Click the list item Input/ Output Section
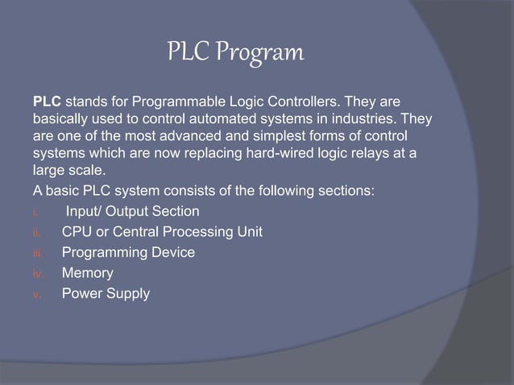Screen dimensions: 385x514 click(132, 212)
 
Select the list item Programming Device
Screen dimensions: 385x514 click(128, 253)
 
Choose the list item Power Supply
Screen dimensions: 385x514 click(106, 294)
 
